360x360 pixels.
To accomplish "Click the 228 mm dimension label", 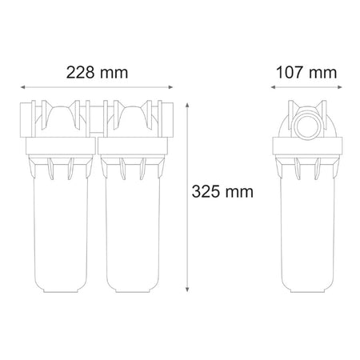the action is tap(97, 73).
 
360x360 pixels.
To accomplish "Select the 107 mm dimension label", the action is tap(306, 73).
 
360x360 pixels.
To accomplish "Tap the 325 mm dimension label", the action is tap(222, 192).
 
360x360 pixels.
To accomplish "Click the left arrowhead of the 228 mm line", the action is tap(23, 87).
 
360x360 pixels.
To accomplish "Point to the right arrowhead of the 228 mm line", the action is tap(170, 87).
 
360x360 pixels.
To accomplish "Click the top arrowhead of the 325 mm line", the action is tap(187, 105).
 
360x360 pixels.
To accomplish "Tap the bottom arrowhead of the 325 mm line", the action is tap(187, 290).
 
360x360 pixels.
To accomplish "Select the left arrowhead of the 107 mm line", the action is tap(273, 87).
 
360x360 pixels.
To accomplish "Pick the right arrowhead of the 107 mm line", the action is tap(340, 87).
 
